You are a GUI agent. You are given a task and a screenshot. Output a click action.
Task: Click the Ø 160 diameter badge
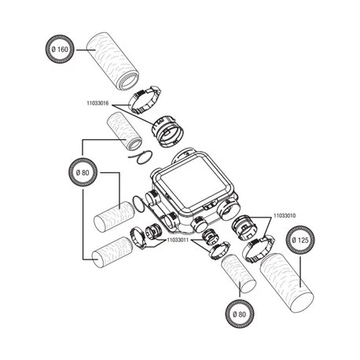tap(60, 50)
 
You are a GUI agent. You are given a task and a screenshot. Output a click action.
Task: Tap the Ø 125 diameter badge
tap(300, 240)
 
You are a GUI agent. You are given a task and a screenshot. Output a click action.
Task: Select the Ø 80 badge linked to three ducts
tap(83, 173)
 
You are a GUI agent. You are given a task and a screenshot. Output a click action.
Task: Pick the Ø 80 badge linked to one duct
tap(240, 314)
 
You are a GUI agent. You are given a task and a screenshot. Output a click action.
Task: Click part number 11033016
tap(97, 103)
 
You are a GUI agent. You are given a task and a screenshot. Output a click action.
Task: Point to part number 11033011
tap(178, 240)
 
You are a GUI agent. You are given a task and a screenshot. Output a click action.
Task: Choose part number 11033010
tap(285, 215)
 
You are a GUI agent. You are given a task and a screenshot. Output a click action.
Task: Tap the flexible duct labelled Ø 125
tap(287, 284)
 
